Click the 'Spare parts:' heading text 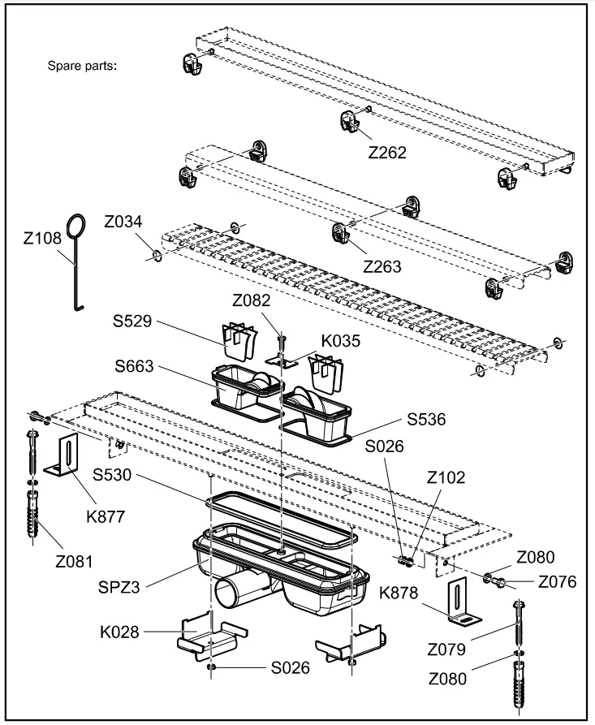point(83,66)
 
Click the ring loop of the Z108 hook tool point(77,226)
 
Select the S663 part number point(136,367)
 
